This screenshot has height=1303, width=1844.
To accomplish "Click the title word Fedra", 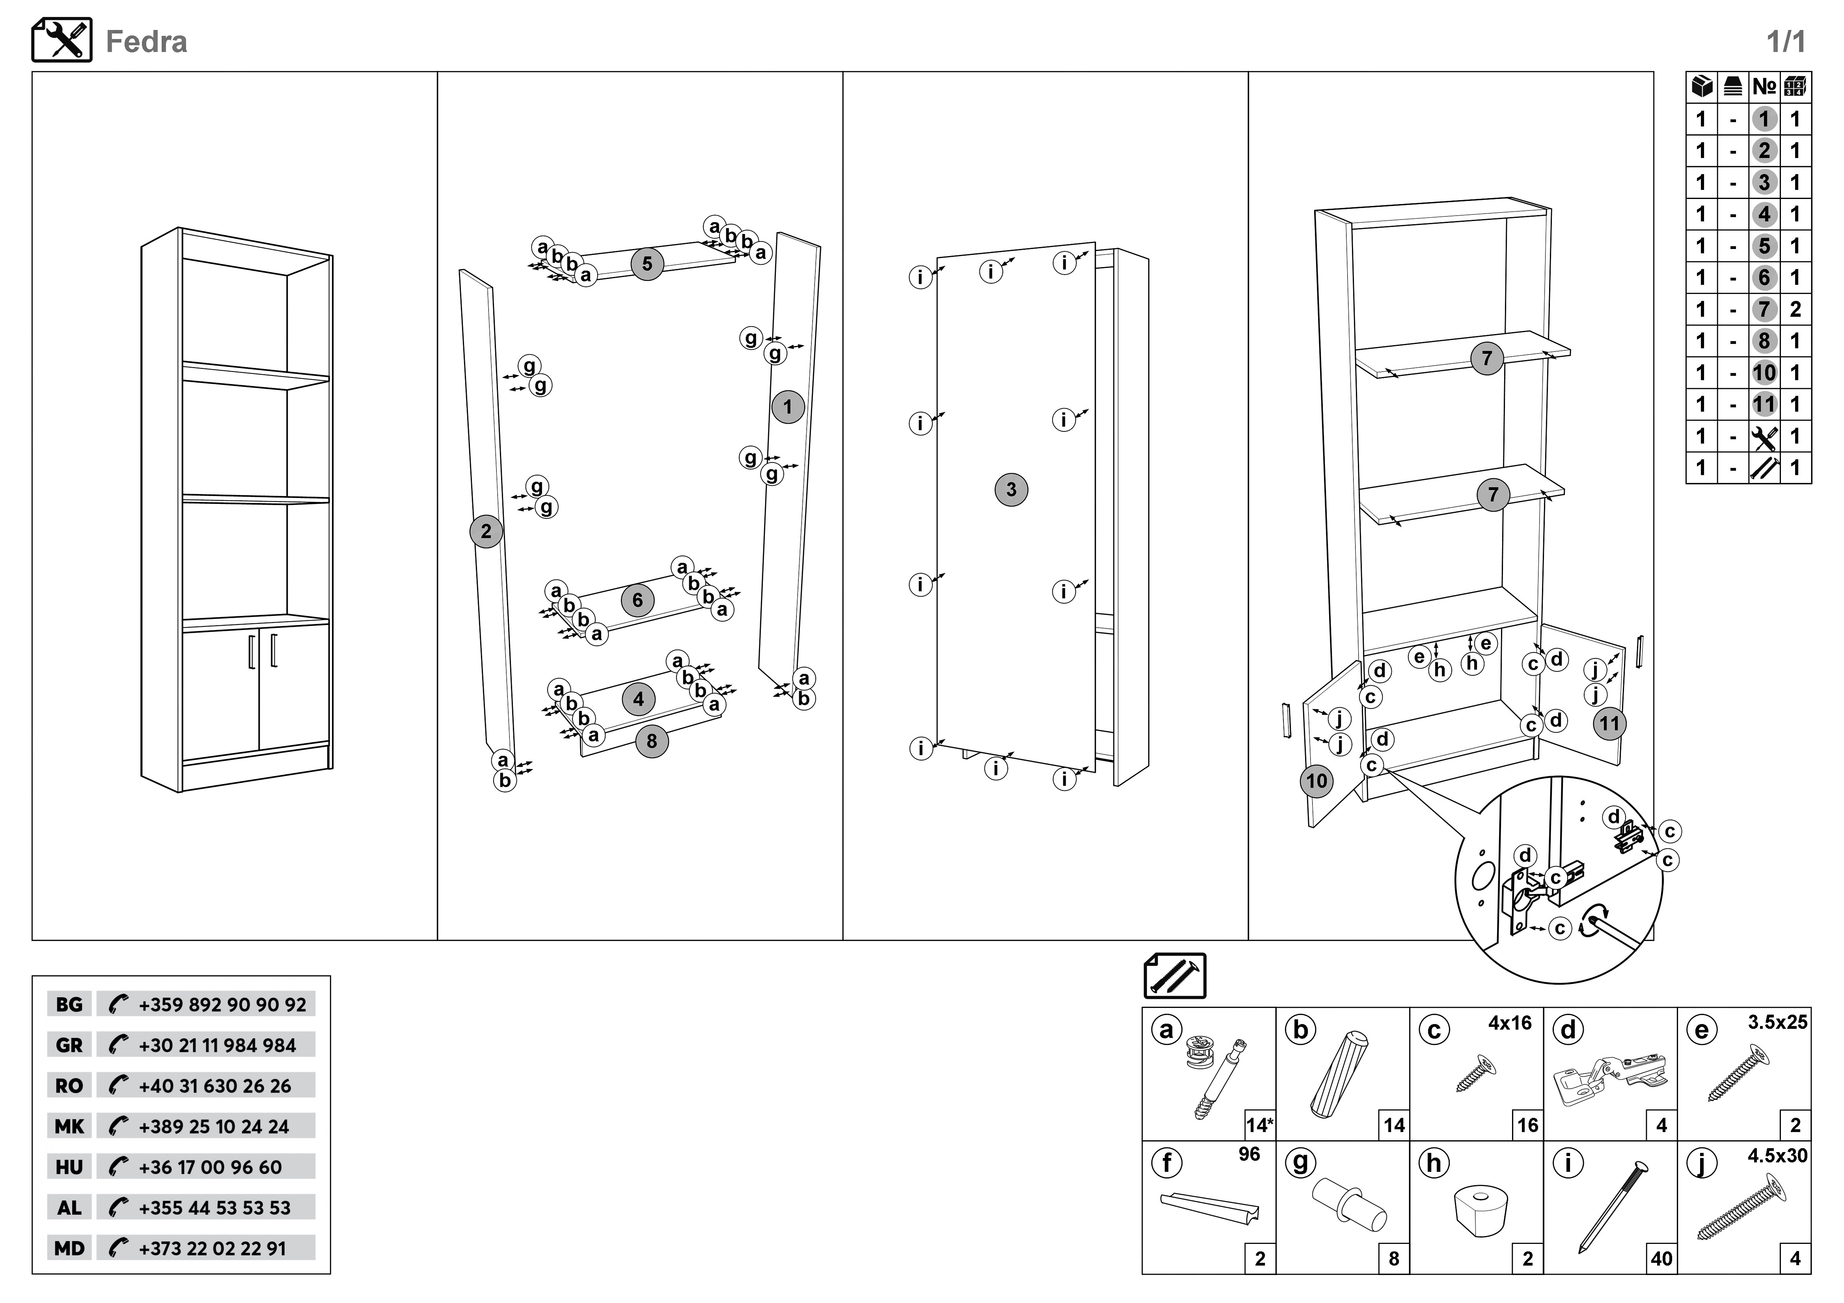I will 146,42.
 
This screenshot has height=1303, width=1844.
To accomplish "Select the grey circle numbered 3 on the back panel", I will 1011,490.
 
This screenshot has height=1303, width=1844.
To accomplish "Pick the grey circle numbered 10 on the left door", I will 1316,781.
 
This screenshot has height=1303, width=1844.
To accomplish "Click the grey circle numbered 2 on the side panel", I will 486,532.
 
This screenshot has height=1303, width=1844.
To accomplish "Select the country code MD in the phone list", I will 69,1248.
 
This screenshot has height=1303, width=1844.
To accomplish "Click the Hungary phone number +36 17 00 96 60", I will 211,1167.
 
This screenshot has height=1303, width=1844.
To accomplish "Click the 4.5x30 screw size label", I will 1777,1156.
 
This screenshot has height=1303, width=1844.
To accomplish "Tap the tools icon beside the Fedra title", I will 62,40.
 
